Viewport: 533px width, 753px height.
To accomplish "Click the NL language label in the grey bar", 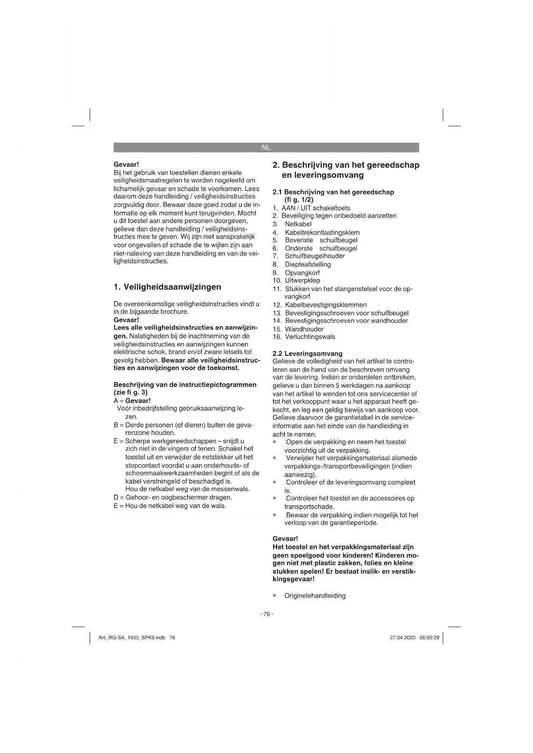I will point(266,147).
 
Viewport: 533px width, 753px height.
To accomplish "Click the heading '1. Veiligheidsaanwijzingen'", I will point(167,287).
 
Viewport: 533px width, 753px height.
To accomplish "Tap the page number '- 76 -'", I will point(266,614).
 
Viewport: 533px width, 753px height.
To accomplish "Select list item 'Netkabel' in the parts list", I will point(298,224).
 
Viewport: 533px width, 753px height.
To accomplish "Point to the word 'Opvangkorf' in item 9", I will point(302,273).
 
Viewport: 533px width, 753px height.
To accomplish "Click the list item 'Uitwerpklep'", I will point(302,280).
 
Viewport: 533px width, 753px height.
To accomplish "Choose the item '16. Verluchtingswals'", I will point(304,337).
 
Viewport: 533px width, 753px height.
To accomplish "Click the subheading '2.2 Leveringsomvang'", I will point(308,353).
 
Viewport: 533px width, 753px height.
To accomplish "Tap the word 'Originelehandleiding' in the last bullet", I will point(315,596).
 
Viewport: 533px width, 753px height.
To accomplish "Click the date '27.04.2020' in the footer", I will point(402,638).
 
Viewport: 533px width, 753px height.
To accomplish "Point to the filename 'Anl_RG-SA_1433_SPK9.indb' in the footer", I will point(132,638).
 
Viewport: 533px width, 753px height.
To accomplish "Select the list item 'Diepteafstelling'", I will point(308,264).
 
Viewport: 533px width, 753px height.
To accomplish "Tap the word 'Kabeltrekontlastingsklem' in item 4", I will point(322,232).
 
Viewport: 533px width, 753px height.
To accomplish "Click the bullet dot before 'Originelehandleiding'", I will point(274,596).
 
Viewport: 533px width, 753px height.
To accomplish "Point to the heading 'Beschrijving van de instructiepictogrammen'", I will point(185,385).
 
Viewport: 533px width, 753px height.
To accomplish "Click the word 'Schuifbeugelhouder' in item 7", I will point(315,256).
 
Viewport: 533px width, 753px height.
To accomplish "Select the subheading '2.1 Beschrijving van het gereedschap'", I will point(333,192).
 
